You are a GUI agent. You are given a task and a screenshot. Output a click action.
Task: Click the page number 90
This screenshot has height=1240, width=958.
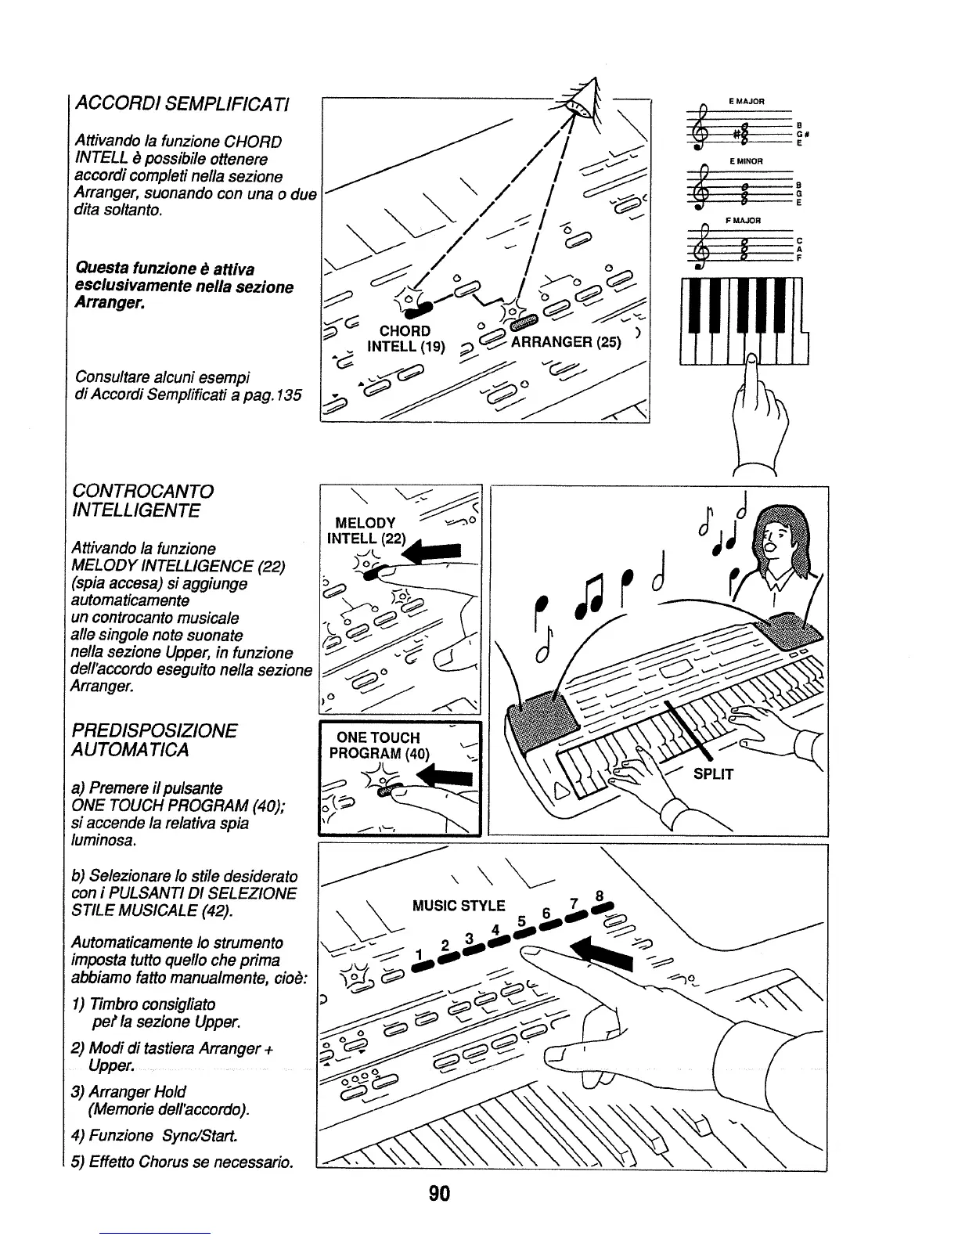(438, 1193)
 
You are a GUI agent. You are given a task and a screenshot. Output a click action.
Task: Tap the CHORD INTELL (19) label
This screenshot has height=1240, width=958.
(405, 338)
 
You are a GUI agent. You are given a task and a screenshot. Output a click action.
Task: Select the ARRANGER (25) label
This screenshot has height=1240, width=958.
(566, 342)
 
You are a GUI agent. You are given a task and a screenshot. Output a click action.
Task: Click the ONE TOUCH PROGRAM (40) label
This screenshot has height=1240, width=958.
(379, 746)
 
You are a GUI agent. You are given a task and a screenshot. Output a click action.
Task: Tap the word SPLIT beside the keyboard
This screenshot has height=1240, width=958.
(713, 774)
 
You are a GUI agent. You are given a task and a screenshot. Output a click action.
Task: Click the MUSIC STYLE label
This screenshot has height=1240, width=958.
(459, 907)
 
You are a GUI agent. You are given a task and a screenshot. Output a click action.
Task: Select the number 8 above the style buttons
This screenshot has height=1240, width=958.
(599, 896)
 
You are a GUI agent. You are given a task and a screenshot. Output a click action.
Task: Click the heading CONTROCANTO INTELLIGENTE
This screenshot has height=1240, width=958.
(142, 501)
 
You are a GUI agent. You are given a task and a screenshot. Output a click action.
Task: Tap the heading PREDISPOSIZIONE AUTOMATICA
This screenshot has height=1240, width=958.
(153, 741)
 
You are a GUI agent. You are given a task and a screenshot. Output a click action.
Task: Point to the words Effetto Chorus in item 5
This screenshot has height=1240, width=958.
(137, 1161)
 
